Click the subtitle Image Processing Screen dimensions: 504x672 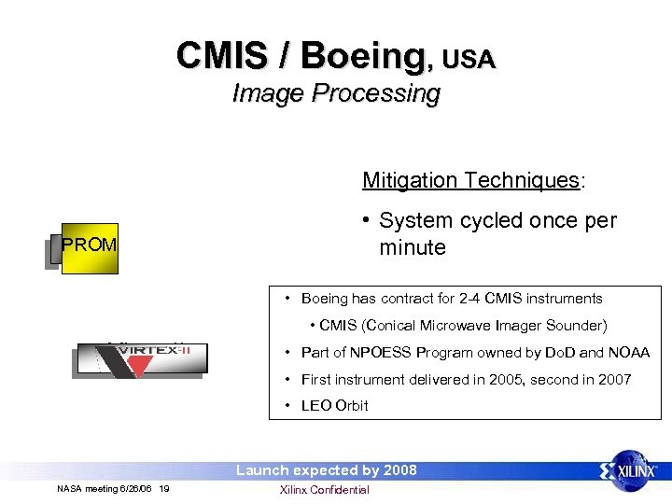(336, 93)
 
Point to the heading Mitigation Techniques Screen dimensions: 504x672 (471, 180)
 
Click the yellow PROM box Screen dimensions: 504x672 (89, 245)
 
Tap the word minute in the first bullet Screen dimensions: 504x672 (413, 247)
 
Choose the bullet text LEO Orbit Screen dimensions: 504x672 (334, 405)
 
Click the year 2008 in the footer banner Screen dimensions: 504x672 (399, 470)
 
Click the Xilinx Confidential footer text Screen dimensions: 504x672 (325, 490)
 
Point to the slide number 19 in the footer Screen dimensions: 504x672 (164, 490)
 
